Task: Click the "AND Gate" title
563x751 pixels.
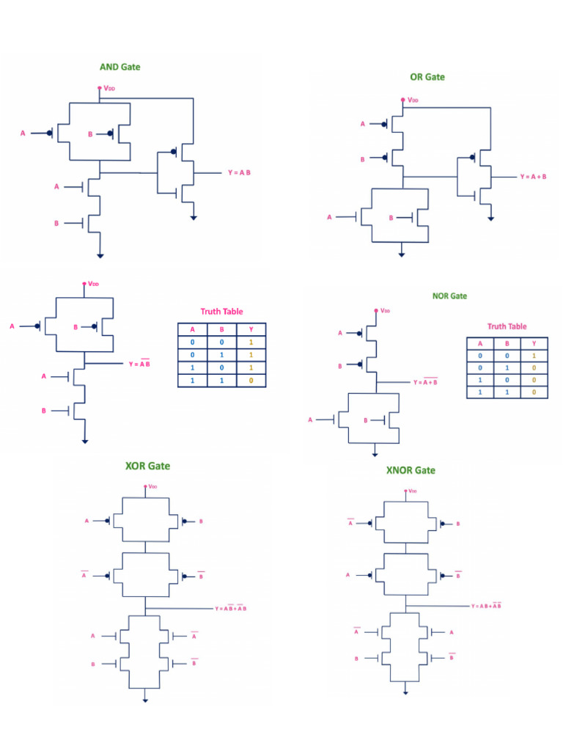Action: (x=119, y=67)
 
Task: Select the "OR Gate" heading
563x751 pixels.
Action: (x=427, y=77)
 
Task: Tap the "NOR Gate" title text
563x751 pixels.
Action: (x=449, y=296)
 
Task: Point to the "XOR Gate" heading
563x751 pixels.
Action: (x=147, y=466)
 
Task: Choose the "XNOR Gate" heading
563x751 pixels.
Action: (x=411, y=470)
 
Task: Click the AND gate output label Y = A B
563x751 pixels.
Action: (x=239, y=173)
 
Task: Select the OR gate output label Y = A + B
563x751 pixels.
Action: (x=534, y=177)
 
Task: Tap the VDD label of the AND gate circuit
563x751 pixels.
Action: (x=108, y=88)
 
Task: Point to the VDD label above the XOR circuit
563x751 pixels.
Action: (x=152, y=486)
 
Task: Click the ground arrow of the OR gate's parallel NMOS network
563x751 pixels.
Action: (x=402, y=254)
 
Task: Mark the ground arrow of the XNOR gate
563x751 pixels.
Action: (x=405, y=691)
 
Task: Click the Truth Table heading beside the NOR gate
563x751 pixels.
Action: (x=507, y=326)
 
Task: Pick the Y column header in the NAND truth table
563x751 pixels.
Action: (x=251, y=329)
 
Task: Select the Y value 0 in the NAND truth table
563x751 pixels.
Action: (x=251, y=381)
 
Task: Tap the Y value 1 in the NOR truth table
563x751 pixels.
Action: (x=533, y=355)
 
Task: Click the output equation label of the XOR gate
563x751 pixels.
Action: (x=230, y=609)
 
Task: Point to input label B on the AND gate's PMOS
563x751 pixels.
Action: (x=90, y=134)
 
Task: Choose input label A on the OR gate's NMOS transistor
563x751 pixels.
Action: (x=329, y=218)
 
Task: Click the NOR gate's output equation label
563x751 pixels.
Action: (x=424, y=382)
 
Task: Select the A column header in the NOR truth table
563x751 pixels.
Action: (x=480, y=343)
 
